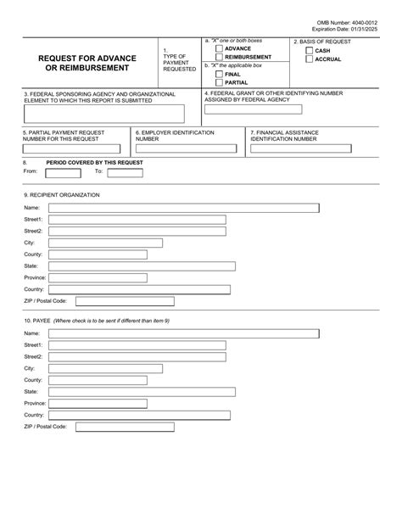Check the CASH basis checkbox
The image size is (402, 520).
(x=309, y=51)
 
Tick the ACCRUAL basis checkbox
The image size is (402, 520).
(x=309, y=60)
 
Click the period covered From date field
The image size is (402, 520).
(x=61, y=171)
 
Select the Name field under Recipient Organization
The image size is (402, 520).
(x=183, y=208)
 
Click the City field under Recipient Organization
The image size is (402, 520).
(x=137, y=243)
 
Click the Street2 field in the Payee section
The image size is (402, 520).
(x=137, y=357)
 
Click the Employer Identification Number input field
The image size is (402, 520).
(x=188, y=148)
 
